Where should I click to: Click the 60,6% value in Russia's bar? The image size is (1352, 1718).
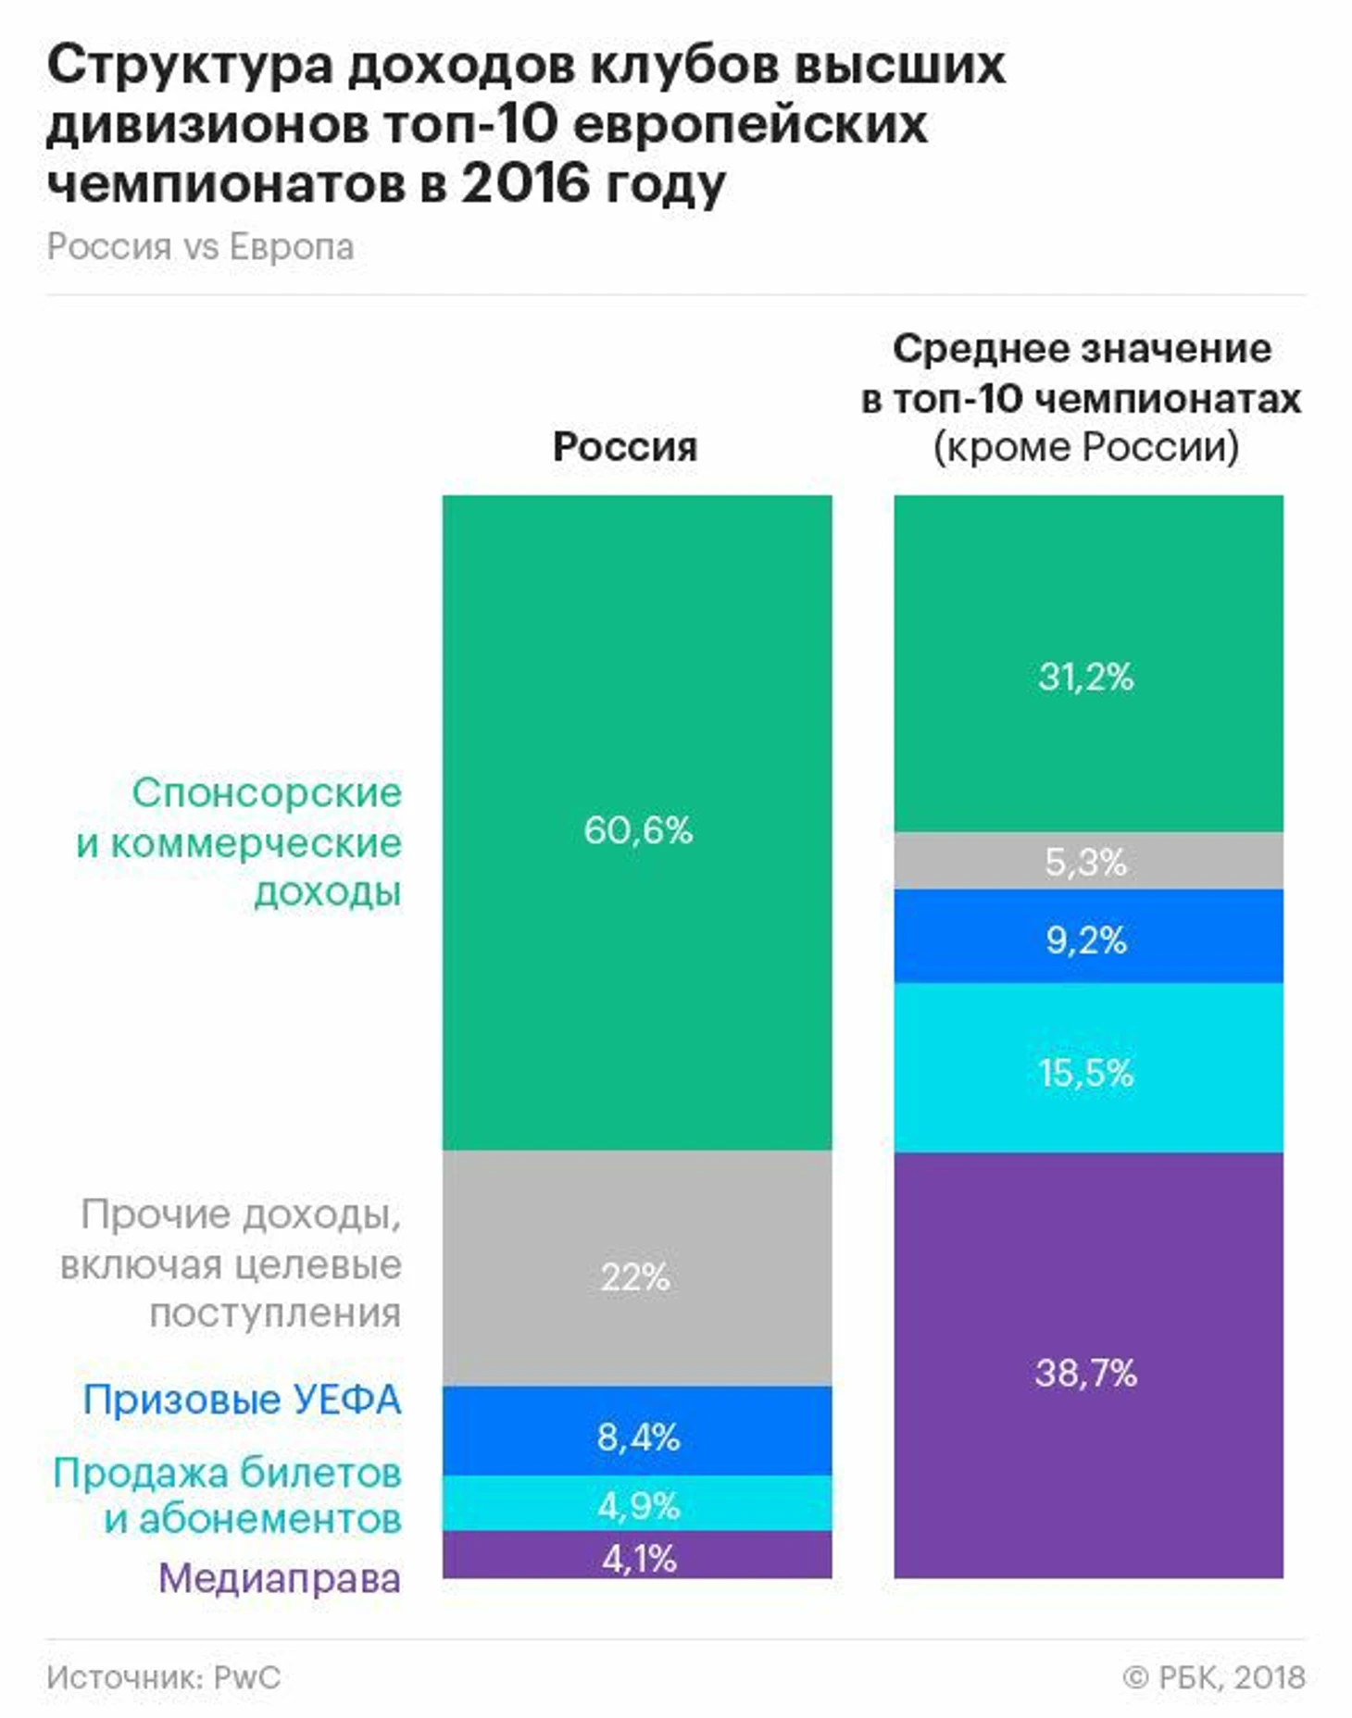pos(638,830)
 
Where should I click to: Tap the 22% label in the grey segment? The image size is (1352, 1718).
pos(635,1277)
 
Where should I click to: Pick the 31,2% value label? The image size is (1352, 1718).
pos(1086,677)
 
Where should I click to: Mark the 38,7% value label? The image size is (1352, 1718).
pos(1086,1373)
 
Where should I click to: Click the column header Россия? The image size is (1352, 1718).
pos(625,447)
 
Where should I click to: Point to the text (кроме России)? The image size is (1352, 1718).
pos(1086,447)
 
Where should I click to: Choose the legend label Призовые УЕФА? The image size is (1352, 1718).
pos(243,1399)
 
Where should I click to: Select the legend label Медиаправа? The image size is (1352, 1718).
pos(280,1578)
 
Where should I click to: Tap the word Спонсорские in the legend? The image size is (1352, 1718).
pos(267,792)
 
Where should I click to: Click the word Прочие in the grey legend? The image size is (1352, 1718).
pos(154,1214)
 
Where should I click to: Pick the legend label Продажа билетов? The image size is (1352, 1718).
pos(228,1472)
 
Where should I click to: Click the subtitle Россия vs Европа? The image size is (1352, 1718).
pos(201,247)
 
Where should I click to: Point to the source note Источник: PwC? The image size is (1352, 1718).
pos(164,1676)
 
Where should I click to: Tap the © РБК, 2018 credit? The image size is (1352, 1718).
pos(1214,1676)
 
